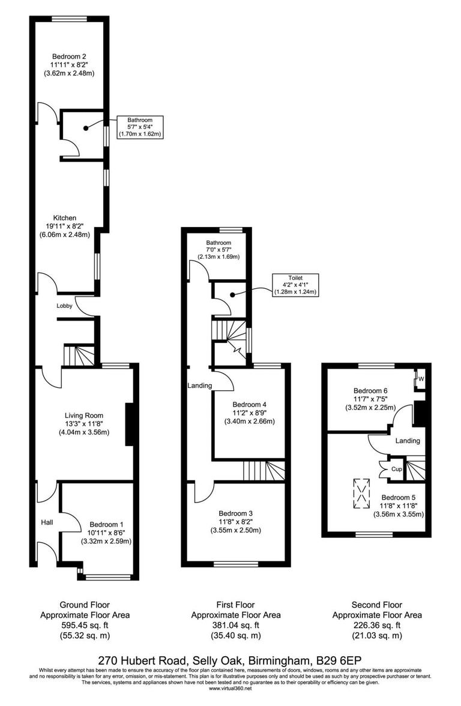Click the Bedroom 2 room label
(x=69, y=56)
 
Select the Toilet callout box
(x=295, y=285)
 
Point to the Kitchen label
(x=64, y=217)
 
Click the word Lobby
(x=65, y=306)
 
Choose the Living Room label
(x=84, y=415)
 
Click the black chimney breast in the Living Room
(x=129, y=424)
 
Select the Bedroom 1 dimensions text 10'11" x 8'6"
(x=106, y=533)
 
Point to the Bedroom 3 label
(x=235, y=513)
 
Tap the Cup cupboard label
(x=396, y=468)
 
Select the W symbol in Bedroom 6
(x=421, y=379)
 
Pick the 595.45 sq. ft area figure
(x=85, y=625)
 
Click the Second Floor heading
(x=377, y=605)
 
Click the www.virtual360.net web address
(x=230, y=688)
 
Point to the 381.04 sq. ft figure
(x=236, y=625)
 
